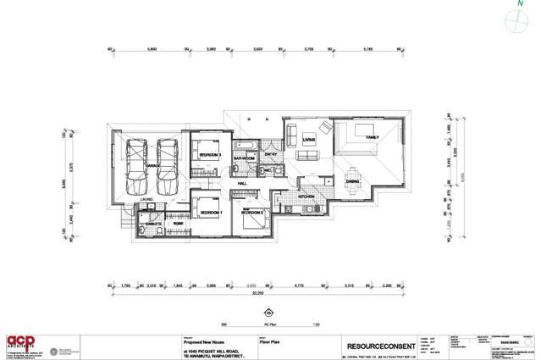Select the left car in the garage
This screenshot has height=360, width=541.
click(x=136, y=166)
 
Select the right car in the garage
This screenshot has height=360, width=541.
click(x=167, y=166)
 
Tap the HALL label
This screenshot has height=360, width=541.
click(x=242, y=183)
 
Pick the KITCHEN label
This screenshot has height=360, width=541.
click(x=306, y=196)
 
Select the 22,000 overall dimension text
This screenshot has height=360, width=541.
click(x=269, y=295)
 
